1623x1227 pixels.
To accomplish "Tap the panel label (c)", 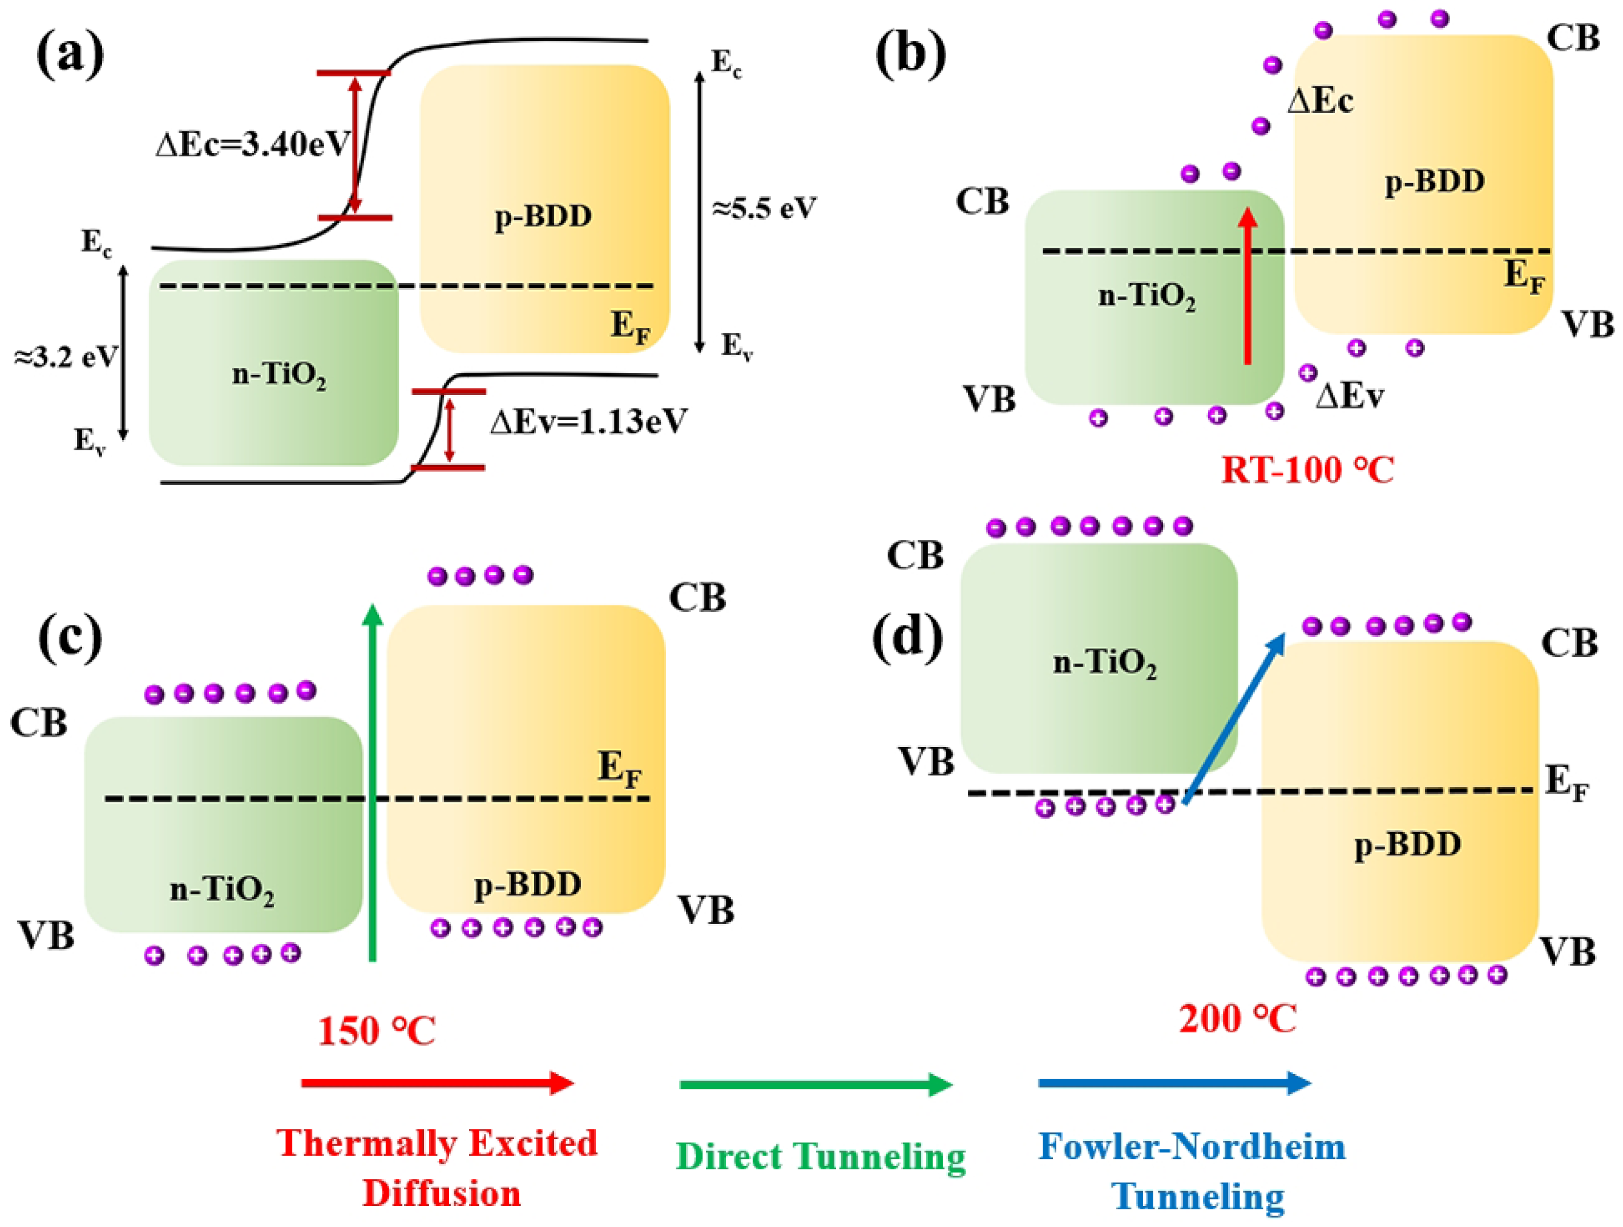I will pyautogui.click(x=70, y=639).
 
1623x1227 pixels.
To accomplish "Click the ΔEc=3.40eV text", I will pyautogui.click(x=252, y=144).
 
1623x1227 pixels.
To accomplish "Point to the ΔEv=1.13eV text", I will pyautogui.click(x=588, y=422).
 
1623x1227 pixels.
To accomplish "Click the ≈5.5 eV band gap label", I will pyautogui.click(x=764, y=209).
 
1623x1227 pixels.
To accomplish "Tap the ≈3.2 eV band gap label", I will pyautogui.click(x=65, y=357).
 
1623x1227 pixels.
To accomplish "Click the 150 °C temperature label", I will pyautogui.click(x=377, y=1031).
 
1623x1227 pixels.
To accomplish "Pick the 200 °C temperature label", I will pyautogui.click(x=1238, y=1019).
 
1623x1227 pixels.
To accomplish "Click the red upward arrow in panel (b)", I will pyautogui.click(x=1247, y=286).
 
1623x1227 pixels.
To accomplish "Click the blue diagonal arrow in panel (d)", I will pyautogui.click(x=1234, y=719).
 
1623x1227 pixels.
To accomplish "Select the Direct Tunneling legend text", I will pyautogui.click(x=820, y=1157).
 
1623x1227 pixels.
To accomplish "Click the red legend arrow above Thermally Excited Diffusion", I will pyautogui.click(x=437, y=1083).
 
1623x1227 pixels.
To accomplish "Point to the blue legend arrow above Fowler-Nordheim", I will pyautogui.click(x=1174, y=1083).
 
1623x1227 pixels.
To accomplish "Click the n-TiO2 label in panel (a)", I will pyautogui.click(x=279, y=375).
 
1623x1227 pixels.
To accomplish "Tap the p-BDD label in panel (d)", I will pyautogui.click(x=1407, y=845).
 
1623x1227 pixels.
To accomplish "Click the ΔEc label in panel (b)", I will pyautogui.click(x=1320, y=100).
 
